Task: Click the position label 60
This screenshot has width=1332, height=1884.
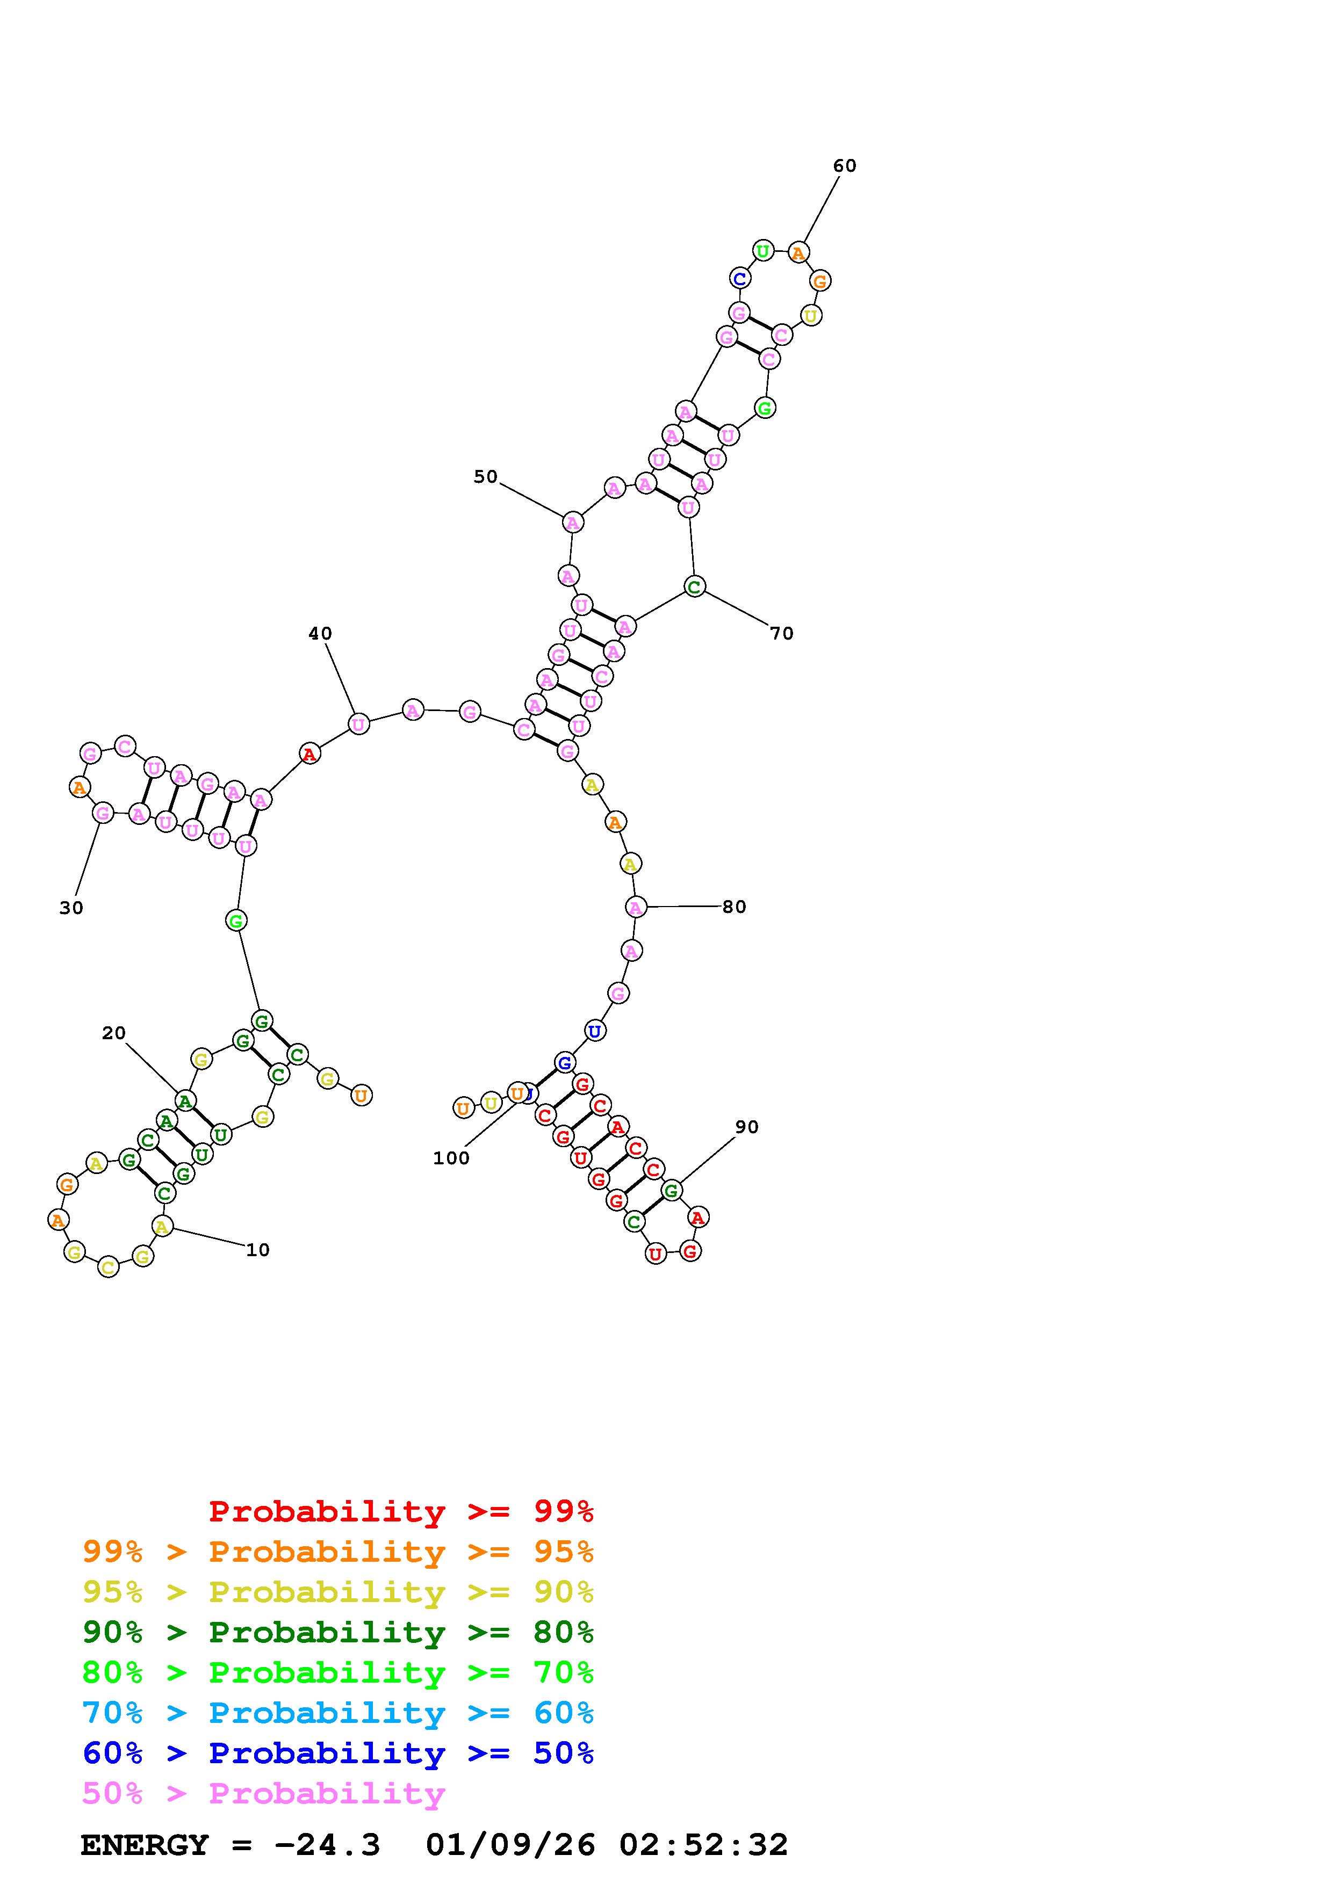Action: tap(845, 166)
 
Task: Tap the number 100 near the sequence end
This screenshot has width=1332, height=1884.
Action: tap(451, 1158)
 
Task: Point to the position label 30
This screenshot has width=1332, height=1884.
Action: tap(71, 908)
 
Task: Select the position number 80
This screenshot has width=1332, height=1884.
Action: tap(734, 907)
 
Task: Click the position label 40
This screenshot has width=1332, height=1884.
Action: tap(320, 634)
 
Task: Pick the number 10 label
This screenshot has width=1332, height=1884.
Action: tap(258, 1250)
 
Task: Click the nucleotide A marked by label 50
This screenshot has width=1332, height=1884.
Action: tap(573, 522)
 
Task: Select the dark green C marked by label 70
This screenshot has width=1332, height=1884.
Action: tap(694, 586)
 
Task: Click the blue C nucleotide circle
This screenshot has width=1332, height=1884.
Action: tap(739, 278)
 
